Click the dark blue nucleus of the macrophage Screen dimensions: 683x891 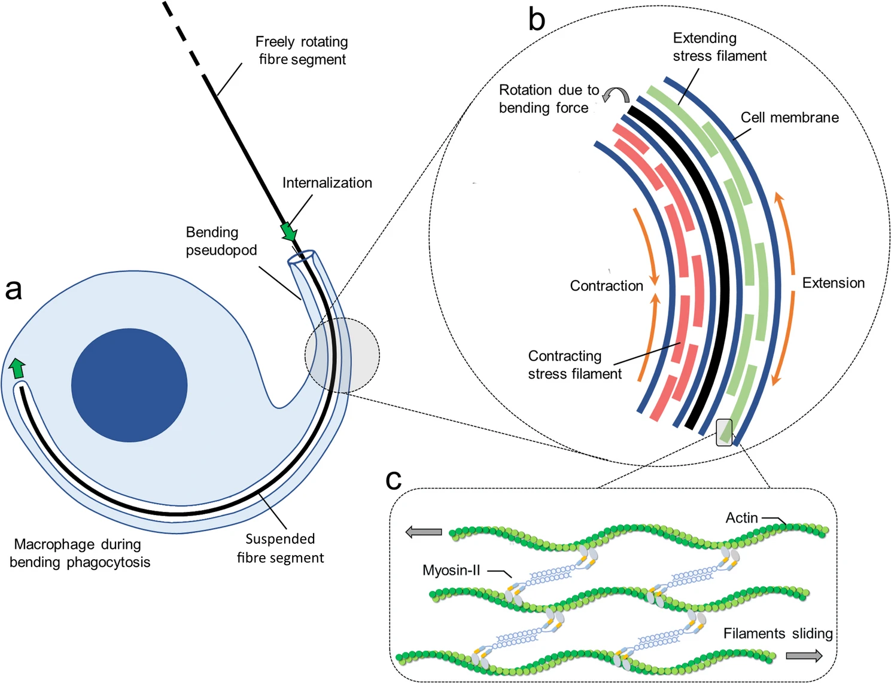[129, 385]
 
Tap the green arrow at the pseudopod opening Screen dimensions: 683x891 [289, 232]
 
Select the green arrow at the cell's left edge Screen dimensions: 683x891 [17, 368]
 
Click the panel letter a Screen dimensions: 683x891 [13, 289]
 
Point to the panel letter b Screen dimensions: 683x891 [536, 19]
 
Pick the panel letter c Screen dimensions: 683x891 [393, 479]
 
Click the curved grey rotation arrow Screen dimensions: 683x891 [616, 94]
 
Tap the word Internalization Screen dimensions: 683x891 [327, 182]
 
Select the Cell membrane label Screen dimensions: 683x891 [789, 117]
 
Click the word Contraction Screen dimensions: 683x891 [606, 286]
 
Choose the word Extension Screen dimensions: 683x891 [833, 283]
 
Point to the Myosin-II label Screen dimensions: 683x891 [451, 570]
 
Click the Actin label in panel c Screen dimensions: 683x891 [741, 517]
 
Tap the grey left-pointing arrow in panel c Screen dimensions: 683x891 [424, 532]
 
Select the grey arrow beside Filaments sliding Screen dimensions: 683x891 [804, 656]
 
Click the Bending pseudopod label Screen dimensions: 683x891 [221, 241]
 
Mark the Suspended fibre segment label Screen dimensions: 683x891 [280, 548]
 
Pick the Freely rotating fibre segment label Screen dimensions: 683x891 [302, 50]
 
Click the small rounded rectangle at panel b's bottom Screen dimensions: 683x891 [724, 432]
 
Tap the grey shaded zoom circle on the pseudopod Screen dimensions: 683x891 [342, 355]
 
